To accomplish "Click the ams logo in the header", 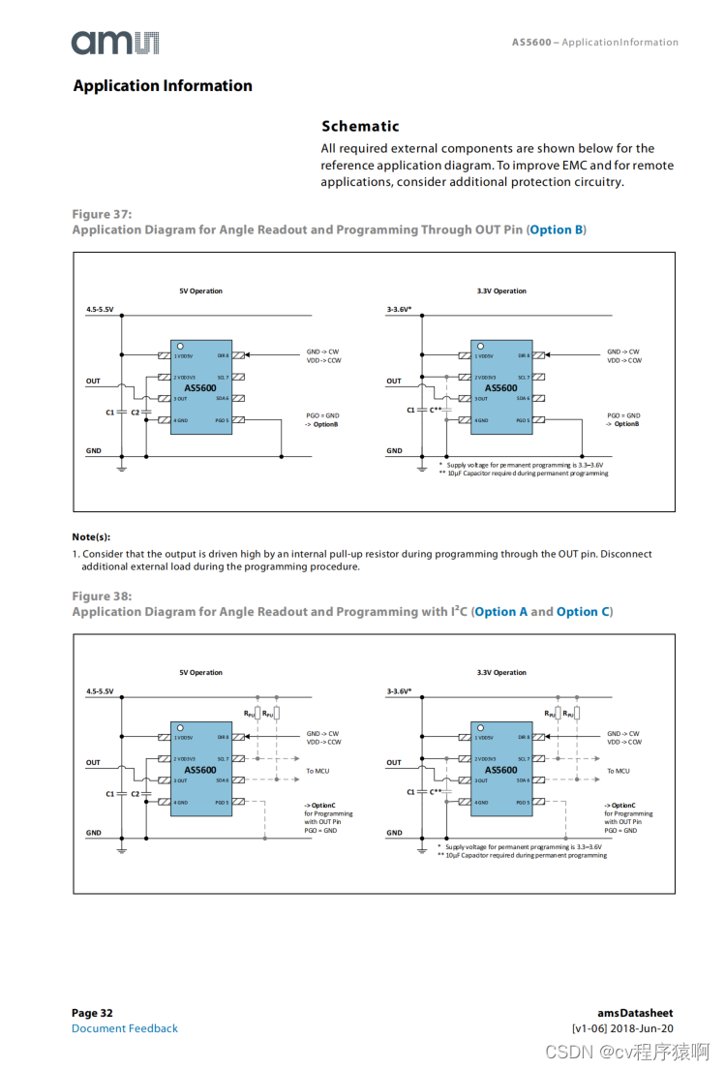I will (114, 42).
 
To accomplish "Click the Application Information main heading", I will (163, 86).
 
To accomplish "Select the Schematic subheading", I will (360, 126).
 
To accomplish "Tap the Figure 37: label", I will (102, 214).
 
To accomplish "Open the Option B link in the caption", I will (555, 230).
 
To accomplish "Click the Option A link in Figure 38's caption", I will (501, 612).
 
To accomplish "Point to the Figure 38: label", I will (102, 596).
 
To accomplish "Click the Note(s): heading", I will (91, 536).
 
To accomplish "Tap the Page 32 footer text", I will (92, 1013).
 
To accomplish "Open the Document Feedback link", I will (125, 1028).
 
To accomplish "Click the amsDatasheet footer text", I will (635, 1013).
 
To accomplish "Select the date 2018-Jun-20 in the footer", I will (644, 1028).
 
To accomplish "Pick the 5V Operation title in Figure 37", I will (200, 290).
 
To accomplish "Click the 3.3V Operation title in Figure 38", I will (501, 672).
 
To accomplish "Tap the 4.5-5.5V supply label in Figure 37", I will (100, 310).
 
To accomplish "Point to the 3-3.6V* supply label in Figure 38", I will (399, 691).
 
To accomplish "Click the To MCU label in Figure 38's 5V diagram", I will (318, 771).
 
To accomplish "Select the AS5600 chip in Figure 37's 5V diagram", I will (200, 387).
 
